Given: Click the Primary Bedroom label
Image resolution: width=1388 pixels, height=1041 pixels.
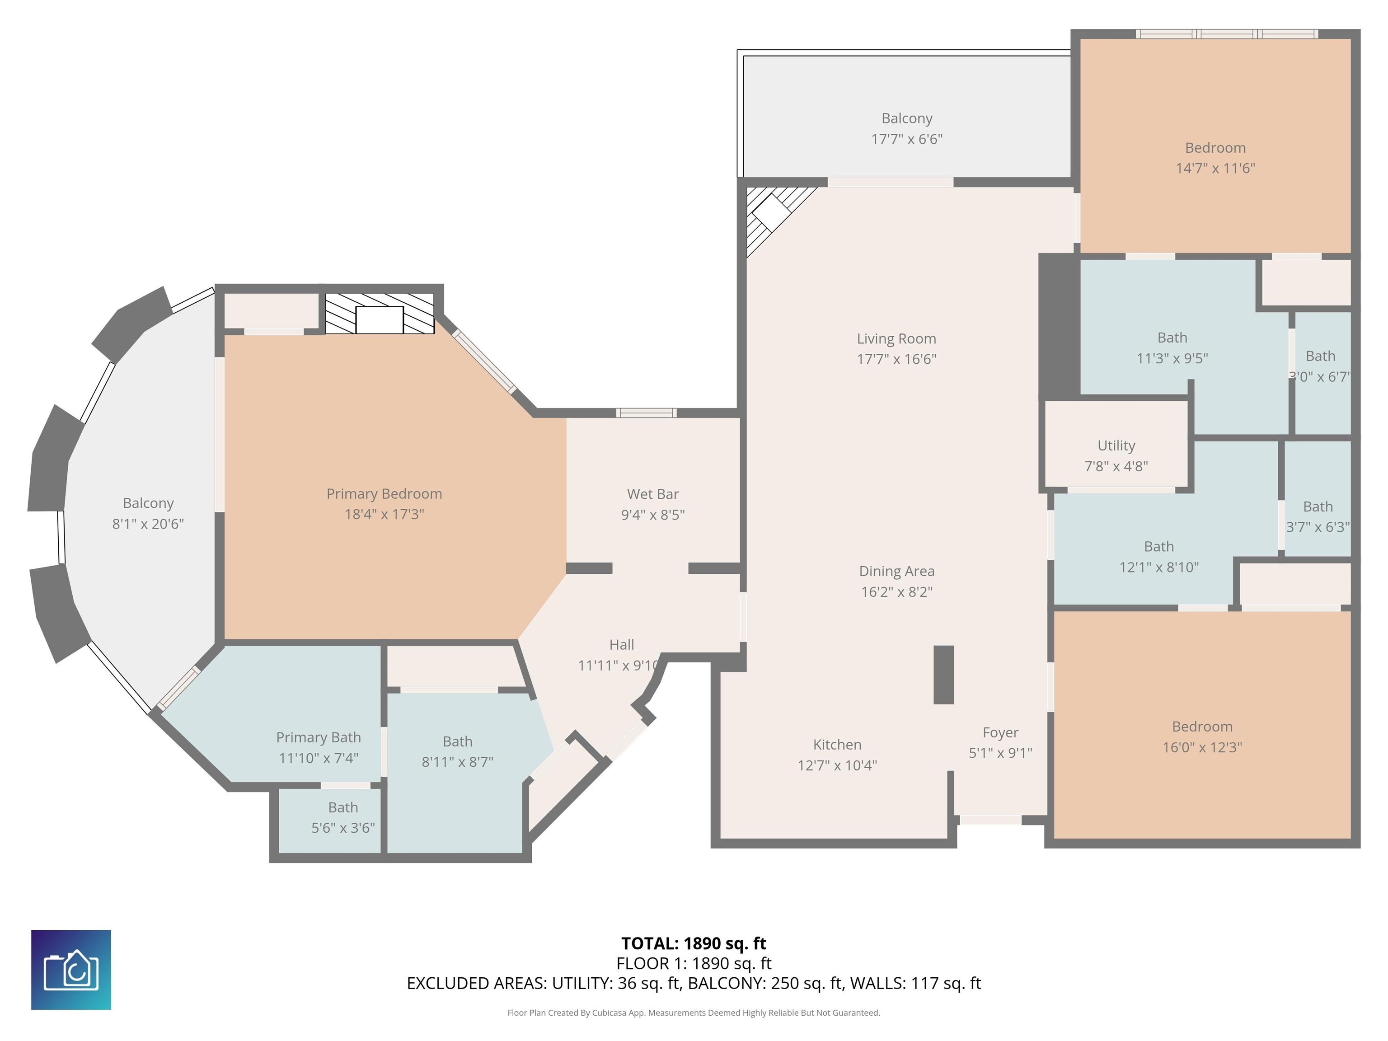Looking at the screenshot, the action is click(x=384, y=494).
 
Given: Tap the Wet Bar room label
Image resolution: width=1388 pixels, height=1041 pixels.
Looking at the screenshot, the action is click(x=652, y=494).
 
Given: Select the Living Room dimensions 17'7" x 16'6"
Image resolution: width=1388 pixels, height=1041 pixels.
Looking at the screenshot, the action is click(x=897, y=359).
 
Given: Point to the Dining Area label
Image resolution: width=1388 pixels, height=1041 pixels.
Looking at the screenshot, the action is click(x=897, y=571).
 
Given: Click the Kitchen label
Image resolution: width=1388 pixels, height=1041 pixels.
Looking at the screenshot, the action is click(x=837, y=744).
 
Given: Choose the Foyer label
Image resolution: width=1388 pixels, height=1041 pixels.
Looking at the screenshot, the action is click(x=1000, y=732).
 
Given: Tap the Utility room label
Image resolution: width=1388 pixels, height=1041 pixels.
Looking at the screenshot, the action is click(x=1116, y=445).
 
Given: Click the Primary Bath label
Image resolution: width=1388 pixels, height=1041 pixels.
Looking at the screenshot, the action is click(x=319, y=737).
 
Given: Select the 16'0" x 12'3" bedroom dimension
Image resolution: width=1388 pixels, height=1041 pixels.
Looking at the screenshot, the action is click(x=1202, y=747).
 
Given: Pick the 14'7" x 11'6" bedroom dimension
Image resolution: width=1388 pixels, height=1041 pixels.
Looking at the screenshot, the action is click(x=1215, y=168).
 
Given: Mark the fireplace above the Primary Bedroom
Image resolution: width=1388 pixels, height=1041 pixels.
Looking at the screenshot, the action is click(x=380, y=313).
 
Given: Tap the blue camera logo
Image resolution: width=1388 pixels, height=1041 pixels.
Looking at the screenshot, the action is click(x=71, y=970).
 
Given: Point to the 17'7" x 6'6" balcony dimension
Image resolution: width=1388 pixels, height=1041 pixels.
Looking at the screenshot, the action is click(x=907, y=139).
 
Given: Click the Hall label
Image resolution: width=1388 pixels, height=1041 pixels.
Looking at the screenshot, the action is click(x=622, y=644).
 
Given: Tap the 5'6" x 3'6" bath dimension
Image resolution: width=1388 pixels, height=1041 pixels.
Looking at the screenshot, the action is click(x=343, y=828).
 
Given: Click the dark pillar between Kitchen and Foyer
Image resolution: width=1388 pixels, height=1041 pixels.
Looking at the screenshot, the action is click(x=944, y=675).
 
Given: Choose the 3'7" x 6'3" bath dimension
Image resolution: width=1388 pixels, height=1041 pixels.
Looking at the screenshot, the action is click(x=1318, y=526).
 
